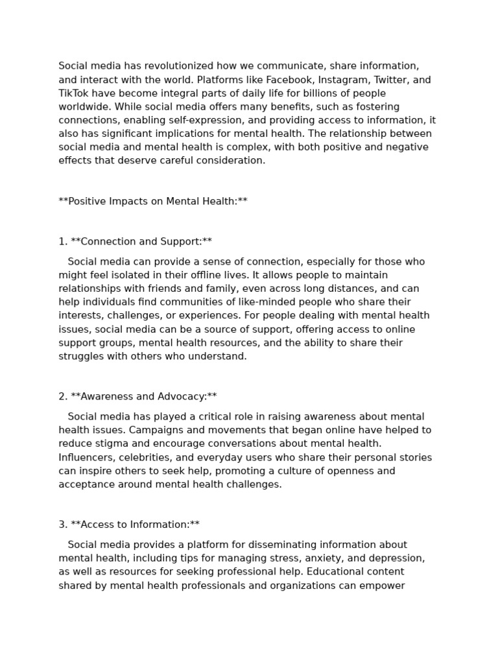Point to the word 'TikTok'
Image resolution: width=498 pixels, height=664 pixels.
coord(73,93)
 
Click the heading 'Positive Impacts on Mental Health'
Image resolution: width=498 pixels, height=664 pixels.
coord(153,201)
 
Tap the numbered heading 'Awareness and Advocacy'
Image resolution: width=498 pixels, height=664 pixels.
coord(143,396)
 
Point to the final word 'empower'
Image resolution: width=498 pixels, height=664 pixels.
coord(385,586)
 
